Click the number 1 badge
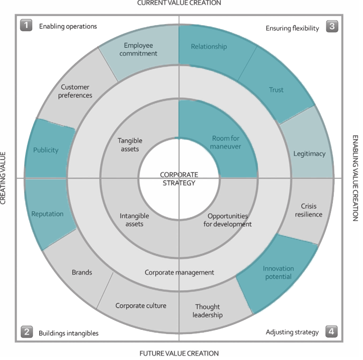[26, 25]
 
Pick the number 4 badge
[332, 332]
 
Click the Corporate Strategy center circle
[179, 179]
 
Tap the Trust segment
[276, 90]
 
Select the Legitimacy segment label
[309, 154]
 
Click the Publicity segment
[46, 150]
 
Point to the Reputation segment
[47, 214]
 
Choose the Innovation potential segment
[278, 273]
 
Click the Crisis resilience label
[309, 210]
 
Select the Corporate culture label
[141, 306]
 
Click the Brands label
[82, 272]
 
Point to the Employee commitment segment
[138, 50]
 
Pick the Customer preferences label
[76, 91]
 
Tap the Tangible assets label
[129, 144]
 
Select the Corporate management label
[179, 272]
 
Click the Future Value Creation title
[179, 353]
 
